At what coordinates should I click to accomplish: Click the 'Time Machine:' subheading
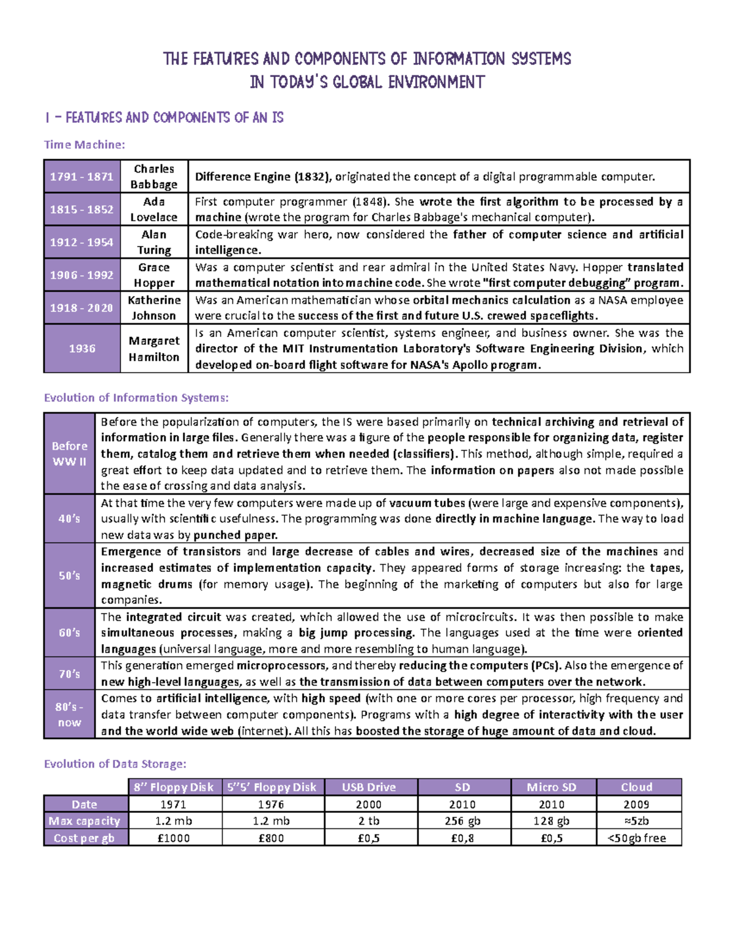click(84, 145)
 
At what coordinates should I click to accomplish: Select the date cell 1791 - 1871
click(82, 177)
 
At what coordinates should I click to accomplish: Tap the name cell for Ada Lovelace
click(154, 209)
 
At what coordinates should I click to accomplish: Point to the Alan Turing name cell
click(154, 242)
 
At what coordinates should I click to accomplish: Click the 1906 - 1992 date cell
click(82, 275)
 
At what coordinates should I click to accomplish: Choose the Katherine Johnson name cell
click(154, 308)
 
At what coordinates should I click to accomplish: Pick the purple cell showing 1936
click(82, 348)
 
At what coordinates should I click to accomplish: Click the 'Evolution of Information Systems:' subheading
click(136, 398)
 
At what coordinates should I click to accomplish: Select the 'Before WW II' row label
click(69, 453)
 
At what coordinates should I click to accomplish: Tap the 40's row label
click(69, 519)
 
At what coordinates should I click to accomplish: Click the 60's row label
click(69, 633)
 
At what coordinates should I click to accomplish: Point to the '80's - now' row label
click(69, 714)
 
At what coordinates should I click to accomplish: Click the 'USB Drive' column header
click(369, 787)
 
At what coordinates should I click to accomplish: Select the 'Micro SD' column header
click(552, 787)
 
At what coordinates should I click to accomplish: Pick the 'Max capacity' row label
click(84, 821)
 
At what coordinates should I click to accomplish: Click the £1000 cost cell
click(174, 838)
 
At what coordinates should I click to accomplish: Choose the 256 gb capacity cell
click(462, 821)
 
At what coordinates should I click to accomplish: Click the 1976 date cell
click(271, 804)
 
